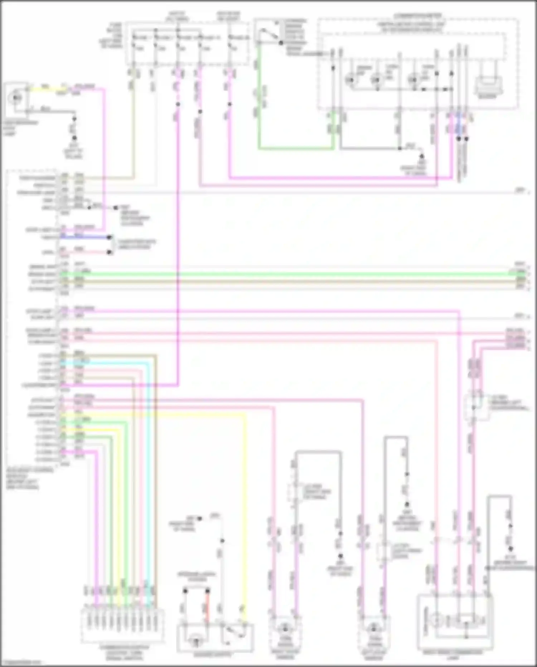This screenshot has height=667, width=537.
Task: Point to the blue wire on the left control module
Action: coord(89,237)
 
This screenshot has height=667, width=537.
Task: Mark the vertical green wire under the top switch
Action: coord(259,97)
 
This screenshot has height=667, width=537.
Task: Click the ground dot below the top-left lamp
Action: coord(74,138)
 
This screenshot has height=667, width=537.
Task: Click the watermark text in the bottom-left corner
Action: coord(20,663)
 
